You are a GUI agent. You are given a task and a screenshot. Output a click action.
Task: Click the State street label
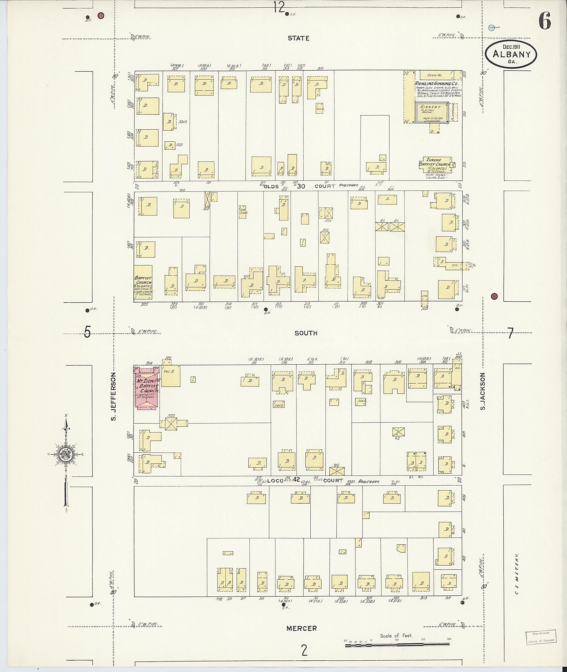pos(298,38)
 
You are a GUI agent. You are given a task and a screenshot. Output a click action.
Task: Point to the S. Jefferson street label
pos(114,396)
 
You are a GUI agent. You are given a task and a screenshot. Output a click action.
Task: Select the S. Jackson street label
pos(483,391)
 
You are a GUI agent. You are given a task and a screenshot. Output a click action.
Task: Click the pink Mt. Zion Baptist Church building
pos(146,389)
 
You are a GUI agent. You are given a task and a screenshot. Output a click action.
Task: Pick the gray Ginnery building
pos(432,113)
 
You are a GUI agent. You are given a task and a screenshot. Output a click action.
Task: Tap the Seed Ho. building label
pos(435,75)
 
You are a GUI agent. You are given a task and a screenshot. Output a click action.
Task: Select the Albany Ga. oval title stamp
pos(511,54)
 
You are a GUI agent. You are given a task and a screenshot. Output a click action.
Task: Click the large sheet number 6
pos(545,21)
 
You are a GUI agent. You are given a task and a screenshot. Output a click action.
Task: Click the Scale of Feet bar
pos(398,645)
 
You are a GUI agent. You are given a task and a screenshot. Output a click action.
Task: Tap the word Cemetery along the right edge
pos(517,574)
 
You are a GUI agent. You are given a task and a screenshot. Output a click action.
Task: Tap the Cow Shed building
pos(243,212)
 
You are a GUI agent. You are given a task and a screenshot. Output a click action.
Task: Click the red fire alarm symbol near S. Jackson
pos(494,297)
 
